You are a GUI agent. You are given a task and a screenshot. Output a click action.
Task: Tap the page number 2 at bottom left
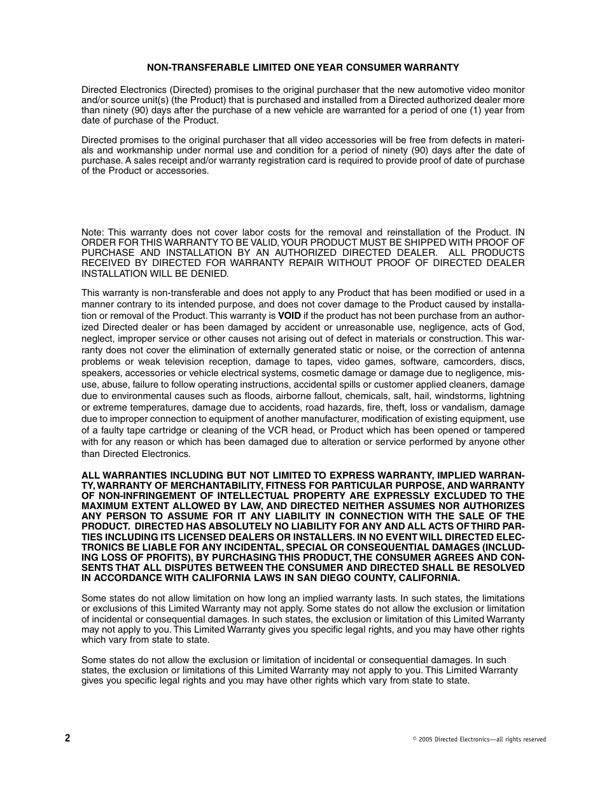67,738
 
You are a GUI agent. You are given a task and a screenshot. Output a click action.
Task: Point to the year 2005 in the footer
425,740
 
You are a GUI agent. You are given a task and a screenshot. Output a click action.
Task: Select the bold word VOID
290,316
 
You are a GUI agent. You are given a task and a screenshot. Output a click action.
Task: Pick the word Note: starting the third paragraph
93,232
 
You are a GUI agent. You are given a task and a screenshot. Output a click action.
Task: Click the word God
516,327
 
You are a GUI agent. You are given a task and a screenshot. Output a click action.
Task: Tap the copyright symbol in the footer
414,739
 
